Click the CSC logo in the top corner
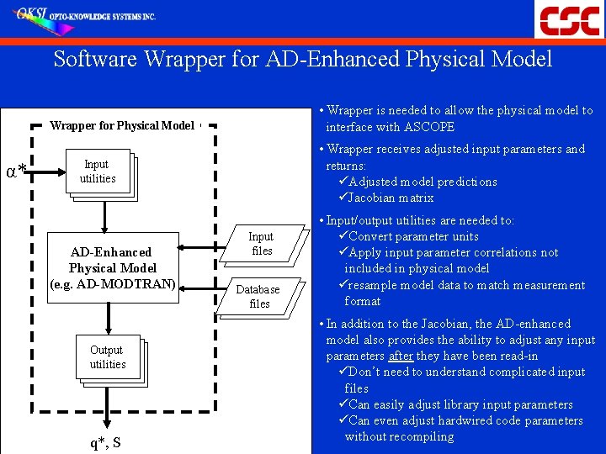pyautogui.click(x=570, y=19)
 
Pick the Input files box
pyautogui.click(x=261, y=244)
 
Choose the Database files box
pyautogui.click(x=258, y=296)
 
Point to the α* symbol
pyautogui.click(x=15, y=173)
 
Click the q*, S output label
pyautogui.click(x=106, y=442)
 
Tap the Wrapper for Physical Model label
pyautogui.click(x=122, y=126)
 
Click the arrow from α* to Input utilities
pyautogui.click(x=47, y=172)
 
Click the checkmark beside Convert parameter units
pyautogui.click(x=342, y=236)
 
